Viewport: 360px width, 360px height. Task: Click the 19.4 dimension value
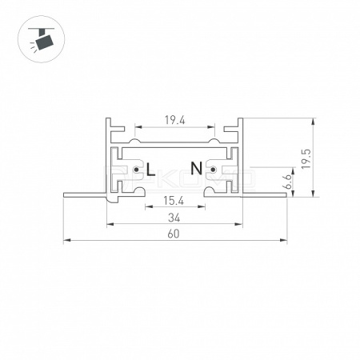[174, 120]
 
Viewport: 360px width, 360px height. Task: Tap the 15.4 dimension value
[174, 201]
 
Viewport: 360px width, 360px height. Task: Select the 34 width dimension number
[174, 218]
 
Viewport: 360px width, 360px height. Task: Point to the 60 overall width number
[174, 234]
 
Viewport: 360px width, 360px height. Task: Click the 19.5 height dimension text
[306, 158]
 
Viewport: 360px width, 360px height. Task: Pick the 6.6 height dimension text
[288, 182]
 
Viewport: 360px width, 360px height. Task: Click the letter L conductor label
[151, 170]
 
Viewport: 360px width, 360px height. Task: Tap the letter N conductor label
[196, 168]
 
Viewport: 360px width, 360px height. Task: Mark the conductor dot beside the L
[136, 170]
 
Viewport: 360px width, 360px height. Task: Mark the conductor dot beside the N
[213, 170]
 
